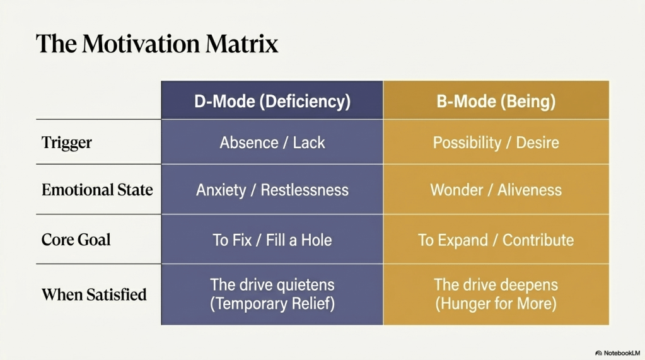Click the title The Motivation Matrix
pos(157,44)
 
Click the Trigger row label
pos(67,142)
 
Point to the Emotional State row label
pos(97,190)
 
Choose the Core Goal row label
pos(76,240)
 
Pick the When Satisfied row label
pos(94,294)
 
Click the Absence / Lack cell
pos(272,142)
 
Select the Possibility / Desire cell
pos(496,142)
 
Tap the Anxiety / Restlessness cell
pos(272,190)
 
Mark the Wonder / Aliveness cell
pos(496,190)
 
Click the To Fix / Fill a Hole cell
pos(272,240)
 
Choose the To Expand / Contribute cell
pos(496,240)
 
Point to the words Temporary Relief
pos(272,304)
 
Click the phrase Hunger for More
pos(496,304)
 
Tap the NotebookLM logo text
pos(622,353)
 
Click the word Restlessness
pos(305,190)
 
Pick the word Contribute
pos(538,240)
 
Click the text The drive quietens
pos(272,285)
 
